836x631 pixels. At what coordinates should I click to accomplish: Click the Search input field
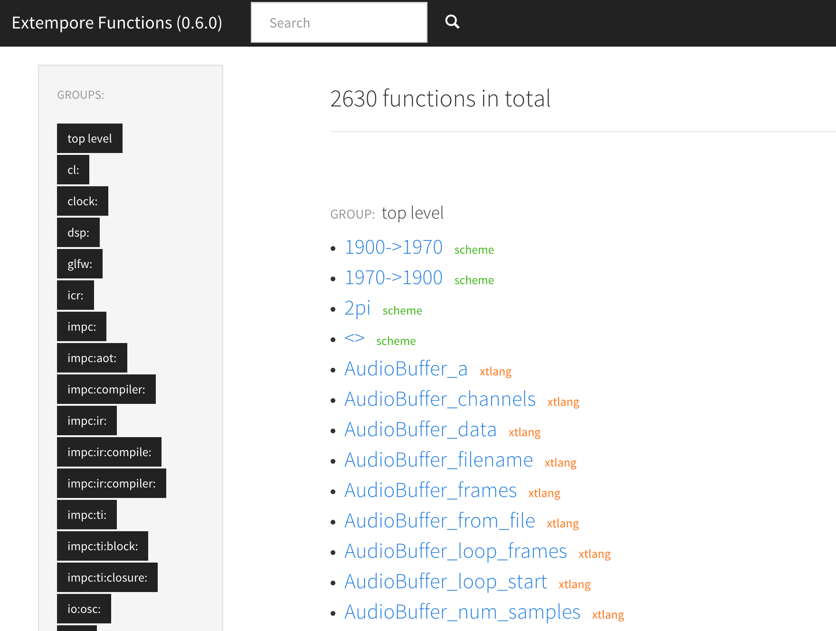click(339, 22)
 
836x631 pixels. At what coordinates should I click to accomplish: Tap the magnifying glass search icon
click(452, 21)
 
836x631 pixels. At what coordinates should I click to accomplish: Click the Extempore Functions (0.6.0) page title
click(117, 23)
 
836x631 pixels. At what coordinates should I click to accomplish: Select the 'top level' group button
click(90, 138)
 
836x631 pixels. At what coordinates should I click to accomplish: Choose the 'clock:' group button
click(83, 201)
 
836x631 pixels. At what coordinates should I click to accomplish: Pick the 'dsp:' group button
click(78, 232)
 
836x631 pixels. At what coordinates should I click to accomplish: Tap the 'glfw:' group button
click(80, 264)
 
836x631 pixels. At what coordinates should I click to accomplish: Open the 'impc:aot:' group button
click(92, 358)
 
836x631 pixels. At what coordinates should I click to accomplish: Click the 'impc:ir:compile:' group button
click(109, 452)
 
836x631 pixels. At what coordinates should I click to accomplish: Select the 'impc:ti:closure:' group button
click(107, 577)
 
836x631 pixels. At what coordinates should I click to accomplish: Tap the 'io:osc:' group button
click(84, 609)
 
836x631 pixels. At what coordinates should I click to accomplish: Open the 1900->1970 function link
click(393, 247)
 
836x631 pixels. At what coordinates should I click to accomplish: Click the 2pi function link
click(357, 309)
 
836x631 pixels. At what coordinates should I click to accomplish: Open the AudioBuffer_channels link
click(440, 399)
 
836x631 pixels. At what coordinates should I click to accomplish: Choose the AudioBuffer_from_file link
click(440, 521)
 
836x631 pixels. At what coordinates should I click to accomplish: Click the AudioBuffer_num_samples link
click(462, 612)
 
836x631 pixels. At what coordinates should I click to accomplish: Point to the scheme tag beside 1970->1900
click(474, 280)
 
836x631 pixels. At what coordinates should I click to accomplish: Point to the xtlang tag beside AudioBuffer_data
click(524, 432)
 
